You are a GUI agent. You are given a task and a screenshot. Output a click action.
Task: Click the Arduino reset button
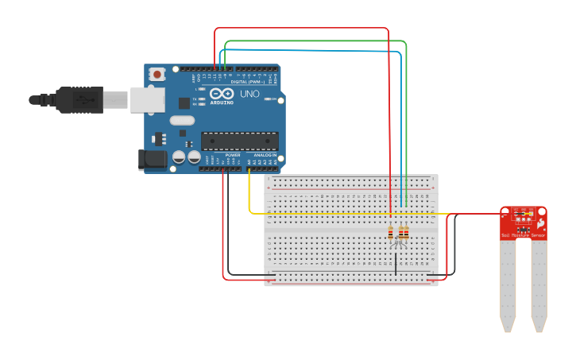(x=157, y=75)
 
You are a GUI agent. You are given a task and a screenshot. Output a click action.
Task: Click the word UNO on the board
(x=249, y=94)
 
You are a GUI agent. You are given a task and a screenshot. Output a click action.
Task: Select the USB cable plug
(x=79, y=100)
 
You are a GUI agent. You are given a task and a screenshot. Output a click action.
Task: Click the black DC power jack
(x=153, y=160)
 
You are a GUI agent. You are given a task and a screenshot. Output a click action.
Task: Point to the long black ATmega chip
(x=239, y=141)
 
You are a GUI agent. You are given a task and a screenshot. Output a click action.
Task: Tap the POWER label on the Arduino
(x=233, y=155)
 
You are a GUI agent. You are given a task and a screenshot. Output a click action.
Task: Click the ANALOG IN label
(x=265, y=155)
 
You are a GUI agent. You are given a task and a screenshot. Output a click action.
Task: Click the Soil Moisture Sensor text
(x=524, y=236)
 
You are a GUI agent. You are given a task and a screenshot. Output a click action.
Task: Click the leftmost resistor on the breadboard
(x=391, y=233)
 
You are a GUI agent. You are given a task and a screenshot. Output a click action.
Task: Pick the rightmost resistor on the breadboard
(x=407, y=233)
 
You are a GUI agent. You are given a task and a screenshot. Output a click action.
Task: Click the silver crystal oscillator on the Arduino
(x=182, y=121)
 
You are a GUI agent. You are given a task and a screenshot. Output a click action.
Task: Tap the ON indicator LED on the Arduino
(x=267, y=99)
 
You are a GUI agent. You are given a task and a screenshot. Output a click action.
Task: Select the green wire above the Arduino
(x=318, y=41)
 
